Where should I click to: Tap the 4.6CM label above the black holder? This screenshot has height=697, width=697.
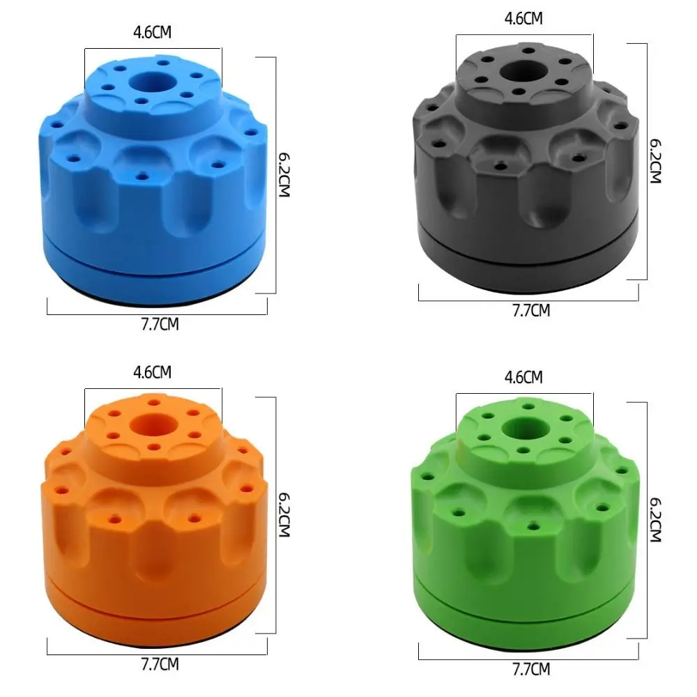click(523, 19)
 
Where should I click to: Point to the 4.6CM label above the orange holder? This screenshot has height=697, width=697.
click(152, 372)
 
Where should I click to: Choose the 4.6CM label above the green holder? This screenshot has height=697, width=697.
click(523, 377)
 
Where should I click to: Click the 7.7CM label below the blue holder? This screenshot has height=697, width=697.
click(160, 324)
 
